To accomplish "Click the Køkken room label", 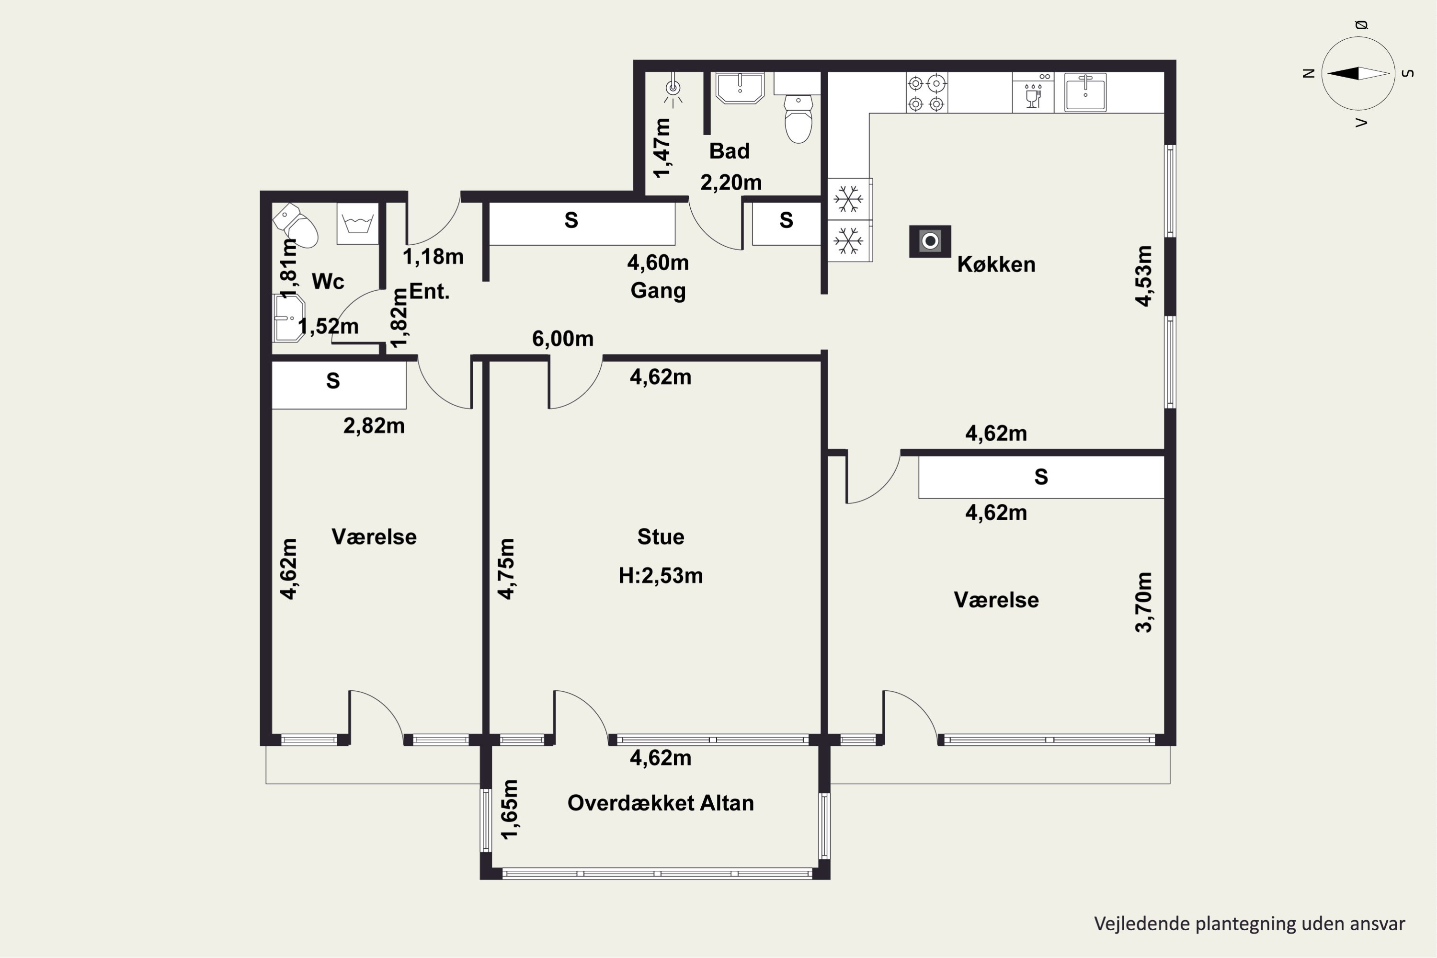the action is click(996, 264).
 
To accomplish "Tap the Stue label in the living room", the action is click(661, 537).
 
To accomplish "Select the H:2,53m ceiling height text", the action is click(661, 576).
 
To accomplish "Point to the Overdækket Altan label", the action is click(661, 803).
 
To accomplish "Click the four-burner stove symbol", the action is click(926, 93).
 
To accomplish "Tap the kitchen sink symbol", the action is click(1085, 92).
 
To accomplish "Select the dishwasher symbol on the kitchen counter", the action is click(1033, 93).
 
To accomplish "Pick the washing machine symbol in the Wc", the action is click(357, 224).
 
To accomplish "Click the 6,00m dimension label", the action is click(563, 339).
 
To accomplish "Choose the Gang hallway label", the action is click(658, 290).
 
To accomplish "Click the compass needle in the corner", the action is click(1358, 73).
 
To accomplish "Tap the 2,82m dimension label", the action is click(374, 426).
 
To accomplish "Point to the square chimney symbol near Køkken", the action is click(930, 241).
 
